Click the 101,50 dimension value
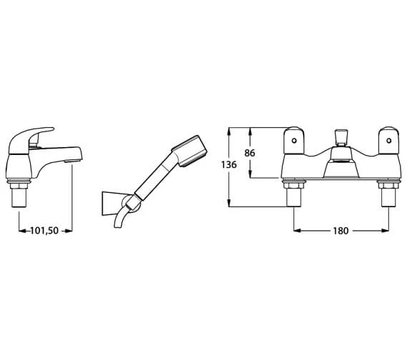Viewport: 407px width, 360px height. pos(44,231)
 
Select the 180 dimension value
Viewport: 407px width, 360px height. pos(341,231)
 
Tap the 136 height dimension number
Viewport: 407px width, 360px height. pos(229,164)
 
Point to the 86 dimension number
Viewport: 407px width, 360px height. pos(250,153)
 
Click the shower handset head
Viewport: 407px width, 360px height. pos(189,151)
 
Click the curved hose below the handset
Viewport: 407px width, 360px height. pos(121,217)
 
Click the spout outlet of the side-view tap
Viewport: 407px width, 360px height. pos(73,161)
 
